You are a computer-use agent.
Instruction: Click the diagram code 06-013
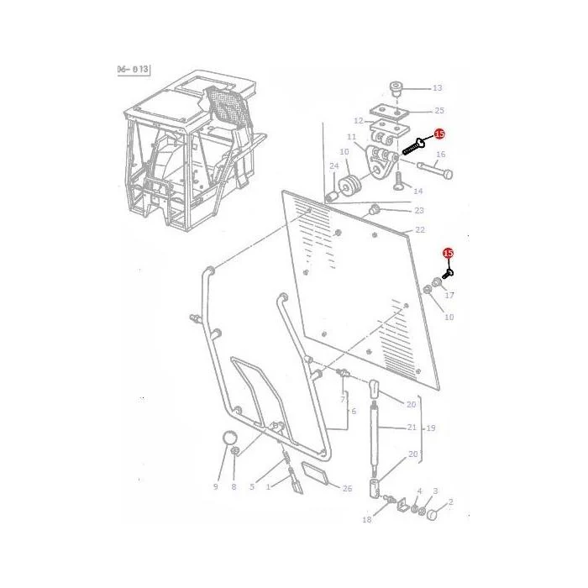click(133, 70)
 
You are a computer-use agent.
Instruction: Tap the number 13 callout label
click(438, 88)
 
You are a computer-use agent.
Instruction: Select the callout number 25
click(439, 111)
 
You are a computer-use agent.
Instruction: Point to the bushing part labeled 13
click(396, 88)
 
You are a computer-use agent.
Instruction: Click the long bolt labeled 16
click(434, 170)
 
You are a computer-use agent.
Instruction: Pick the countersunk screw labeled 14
click(399, 181)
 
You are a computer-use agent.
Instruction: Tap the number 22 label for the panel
click(420, 229)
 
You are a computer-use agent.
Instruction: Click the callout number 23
click(419, 210)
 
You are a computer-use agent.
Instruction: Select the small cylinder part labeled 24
click(332, 197)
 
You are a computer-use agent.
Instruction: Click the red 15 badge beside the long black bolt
click(439, 134)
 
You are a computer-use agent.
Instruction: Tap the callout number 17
click(449, 295)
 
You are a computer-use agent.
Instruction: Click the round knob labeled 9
click(229, 438)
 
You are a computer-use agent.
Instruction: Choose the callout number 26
click(347, 488)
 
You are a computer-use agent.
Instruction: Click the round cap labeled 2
click(433, 514)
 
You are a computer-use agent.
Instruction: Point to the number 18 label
click(367, 519)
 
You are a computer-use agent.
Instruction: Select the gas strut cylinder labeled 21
click(375, 433)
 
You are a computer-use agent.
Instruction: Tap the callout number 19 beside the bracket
click(431, 428)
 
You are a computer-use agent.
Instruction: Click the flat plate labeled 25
click(389, 111)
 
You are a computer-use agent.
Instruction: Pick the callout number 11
click(351, 137)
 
